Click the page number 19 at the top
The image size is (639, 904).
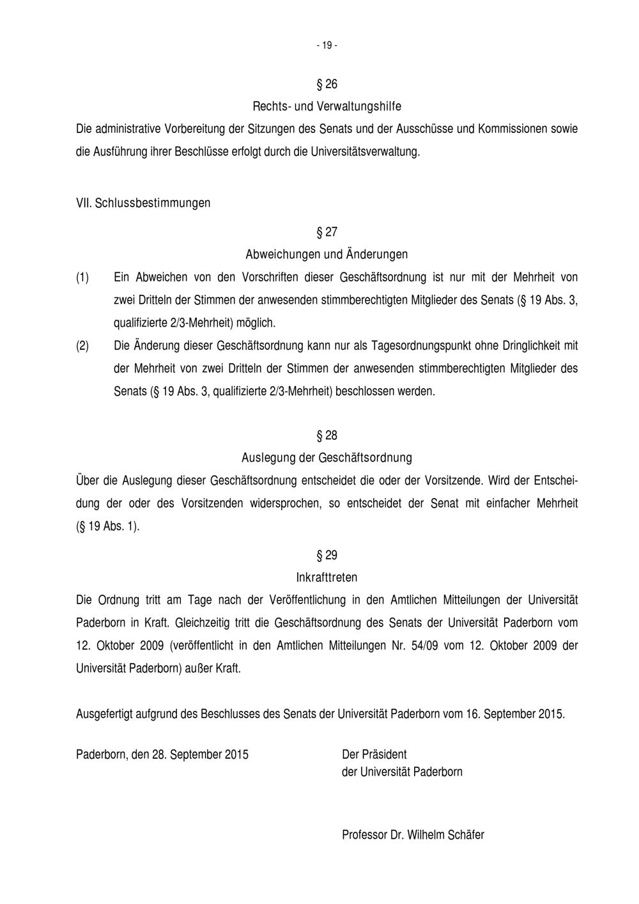[x=327, y=45]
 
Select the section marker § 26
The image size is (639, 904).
[x=327, y=84]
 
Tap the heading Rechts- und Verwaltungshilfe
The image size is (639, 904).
[x=327, y=105]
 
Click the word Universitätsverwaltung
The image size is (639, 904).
[x=366, y=152]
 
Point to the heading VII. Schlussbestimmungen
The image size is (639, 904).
[x=143, y=203]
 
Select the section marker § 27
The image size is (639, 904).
[x=327, y=231]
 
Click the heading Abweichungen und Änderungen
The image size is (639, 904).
[x=327, y=254]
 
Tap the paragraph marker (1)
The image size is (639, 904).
[x=83, y=277]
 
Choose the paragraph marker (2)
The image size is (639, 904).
[x=83, y=346]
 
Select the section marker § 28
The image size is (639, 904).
[x=327, y=435]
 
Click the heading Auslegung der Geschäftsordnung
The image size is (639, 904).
[x=327, y=458]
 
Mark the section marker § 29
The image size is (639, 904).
[x=327, y=555]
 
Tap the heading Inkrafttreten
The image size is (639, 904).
[x=327, y=577]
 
